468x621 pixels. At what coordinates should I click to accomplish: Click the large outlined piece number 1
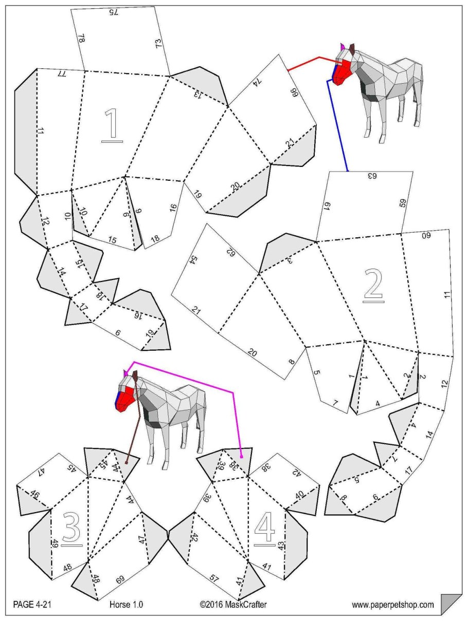tap(113, 126)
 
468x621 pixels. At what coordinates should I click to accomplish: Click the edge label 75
tap(113, 12)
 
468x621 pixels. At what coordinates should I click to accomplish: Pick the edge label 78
tap(81, 38)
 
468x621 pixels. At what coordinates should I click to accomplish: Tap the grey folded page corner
tap(451, 606)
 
